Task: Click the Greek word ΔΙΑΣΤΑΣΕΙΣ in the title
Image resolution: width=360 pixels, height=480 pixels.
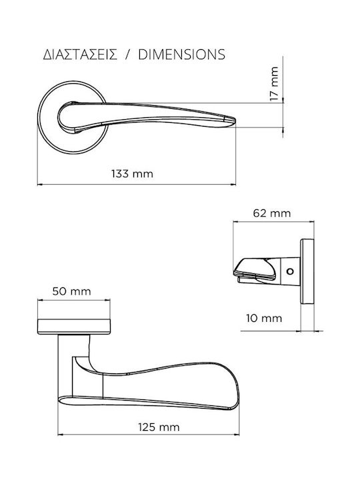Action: pos(80,55)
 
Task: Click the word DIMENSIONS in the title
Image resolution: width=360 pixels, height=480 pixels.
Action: pos(182,55)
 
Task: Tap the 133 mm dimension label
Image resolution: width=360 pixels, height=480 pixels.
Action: pos(132,174)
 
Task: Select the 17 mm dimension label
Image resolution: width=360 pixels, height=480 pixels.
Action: pos(274,83)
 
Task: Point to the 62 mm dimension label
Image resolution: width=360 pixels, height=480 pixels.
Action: pos(272,213)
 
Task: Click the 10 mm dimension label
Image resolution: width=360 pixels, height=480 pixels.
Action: pos(264,319)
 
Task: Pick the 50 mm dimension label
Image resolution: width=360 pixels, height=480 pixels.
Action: pos(71,291)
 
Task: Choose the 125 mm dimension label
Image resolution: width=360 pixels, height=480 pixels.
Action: pos(159,427)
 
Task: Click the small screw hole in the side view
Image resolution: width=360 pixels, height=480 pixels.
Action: pos(290,271)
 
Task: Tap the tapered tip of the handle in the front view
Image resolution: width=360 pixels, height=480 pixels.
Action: pos(232,120)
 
